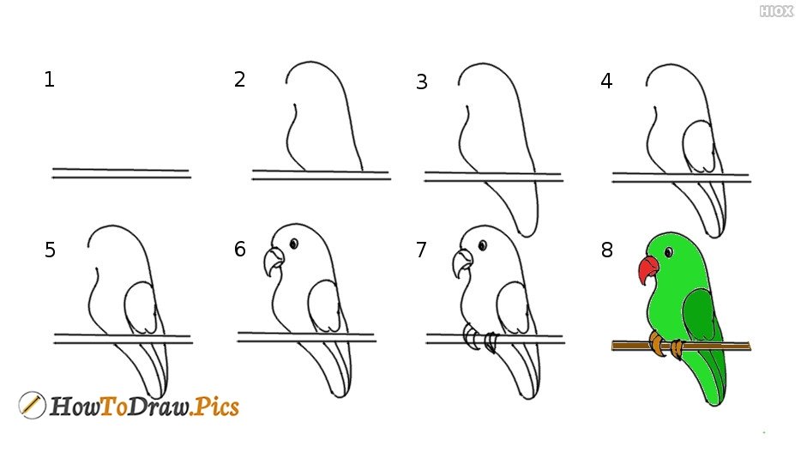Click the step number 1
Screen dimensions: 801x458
pyautogui.click(x=49, y=80)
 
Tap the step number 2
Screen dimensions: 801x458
pyautogui.click(x=239, y=79)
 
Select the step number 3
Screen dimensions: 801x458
pyautogui.click(x=421, y=81)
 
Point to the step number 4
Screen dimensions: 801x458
pyautogui.click(x=606, y=81)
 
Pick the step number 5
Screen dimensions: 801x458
pyautogui.click(x=50, y=250)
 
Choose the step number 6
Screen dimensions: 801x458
pyautogui.click(x=240, y=249)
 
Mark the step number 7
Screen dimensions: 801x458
pyautogui.click(x=421, y=250)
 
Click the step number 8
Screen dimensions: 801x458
pyautogui.click(x=607, y=250)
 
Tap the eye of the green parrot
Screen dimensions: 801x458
pyautogui.click(x=669, y=252)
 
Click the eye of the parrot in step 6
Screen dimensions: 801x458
pyautogui.click(x=294, y=244)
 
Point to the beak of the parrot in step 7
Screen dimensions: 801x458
pyautogui.click(x=461, y=262)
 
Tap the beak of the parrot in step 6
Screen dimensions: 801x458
pyautogui.click(x=274, y=262)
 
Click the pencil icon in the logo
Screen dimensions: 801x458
pyautogui.click(x=32, y=406)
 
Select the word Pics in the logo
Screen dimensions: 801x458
pyautogui.click(x=217, y=407)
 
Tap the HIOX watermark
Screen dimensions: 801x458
pyautogui.click(x=776, y=11)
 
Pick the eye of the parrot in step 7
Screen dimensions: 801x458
pyautogui.click(x=482, y=246)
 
